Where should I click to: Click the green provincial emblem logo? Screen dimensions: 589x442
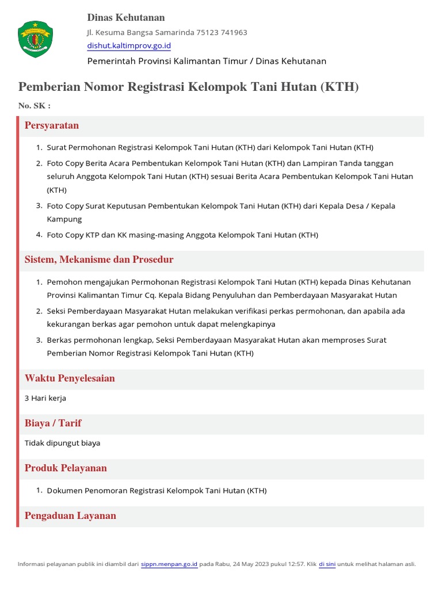(x=36, y=39)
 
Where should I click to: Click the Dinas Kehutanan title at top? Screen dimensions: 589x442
(x=125, y=18)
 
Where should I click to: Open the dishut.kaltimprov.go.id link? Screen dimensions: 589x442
(x=129, y=45)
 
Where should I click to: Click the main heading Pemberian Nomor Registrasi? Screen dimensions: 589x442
(x=188, y=87)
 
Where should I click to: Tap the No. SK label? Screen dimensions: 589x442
(x=34, y=106)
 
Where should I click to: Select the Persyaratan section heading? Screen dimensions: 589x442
(x=52, y=125)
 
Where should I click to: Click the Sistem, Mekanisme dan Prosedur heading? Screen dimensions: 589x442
(x=99, y=260)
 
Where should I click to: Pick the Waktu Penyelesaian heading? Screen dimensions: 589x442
(x=70, y=378)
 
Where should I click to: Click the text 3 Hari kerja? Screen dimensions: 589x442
(x=45, y=398)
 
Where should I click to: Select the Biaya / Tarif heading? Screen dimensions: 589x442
(x=53, y=423)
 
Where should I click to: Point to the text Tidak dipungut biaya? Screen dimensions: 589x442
(x=62, y=443)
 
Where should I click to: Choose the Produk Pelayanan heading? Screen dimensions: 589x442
(x=66, y=468)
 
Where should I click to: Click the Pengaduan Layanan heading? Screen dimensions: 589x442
(x=70, y=516)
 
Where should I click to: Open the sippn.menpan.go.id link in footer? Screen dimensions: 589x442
(x=169, y=564)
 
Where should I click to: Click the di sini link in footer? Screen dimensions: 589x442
(x=327, y=564)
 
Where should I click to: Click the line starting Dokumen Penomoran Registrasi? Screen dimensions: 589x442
(x=157, y=491)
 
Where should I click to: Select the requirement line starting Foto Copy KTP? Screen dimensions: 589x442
(x=182, y=235)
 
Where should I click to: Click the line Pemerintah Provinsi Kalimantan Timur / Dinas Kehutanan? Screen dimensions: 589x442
(x=207, y=61)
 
